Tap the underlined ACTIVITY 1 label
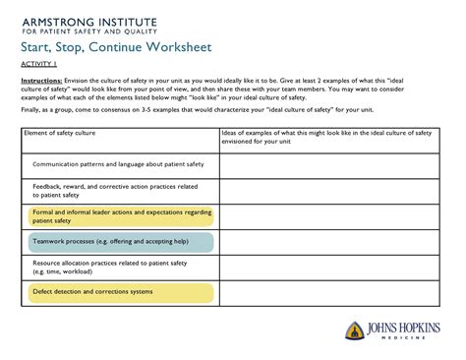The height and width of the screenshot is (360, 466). [x=39, y=65]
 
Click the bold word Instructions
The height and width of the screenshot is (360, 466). [x=42, y=82]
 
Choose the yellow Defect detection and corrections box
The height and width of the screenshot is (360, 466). [x=118, y=292]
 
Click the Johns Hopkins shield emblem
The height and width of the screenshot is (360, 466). [x=356, y=333]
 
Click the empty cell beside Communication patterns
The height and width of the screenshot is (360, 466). [x=328, y=164]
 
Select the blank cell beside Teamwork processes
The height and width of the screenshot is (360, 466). [x=328, y=242]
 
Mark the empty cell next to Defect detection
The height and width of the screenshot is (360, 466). [x=328, y=293]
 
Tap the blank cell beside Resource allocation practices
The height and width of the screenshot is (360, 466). [x=328, y=268]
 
